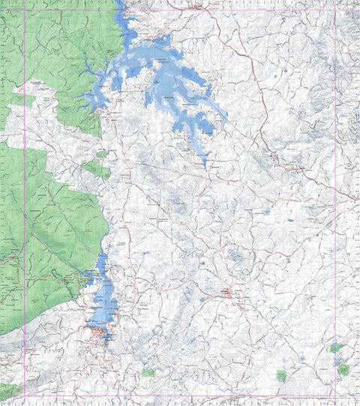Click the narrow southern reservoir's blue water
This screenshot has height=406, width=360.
[x=103, y=300]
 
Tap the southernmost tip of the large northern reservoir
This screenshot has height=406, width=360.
[x=205, y=164]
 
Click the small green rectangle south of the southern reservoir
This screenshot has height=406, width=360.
[x=148, y=372]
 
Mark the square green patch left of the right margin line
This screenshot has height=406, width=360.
[x=281, y=375]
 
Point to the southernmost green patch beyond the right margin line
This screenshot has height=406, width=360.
[x=343, y=370]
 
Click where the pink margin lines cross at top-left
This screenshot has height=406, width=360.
[x=25, y=10]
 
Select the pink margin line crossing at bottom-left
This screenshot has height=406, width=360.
[x=25, y=395]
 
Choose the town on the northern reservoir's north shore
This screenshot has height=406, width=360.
[x=157, y=38]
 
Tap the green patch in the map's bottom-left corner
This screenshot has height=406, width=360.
[x=9, y=391]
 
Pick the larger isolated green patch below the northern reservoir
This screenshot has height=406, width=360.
[x=97, y=169]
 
